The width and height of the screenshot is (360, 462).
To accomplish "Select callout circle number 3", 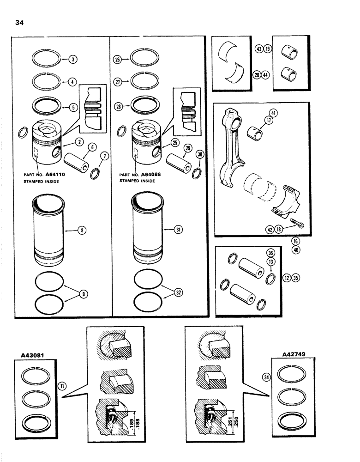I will tap(72, 59).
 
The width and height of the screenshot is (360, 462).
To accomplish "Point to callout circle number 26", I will tap(117, 59).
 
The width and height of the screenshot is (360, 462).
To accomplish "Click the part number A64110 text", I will tap(61, 176).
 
